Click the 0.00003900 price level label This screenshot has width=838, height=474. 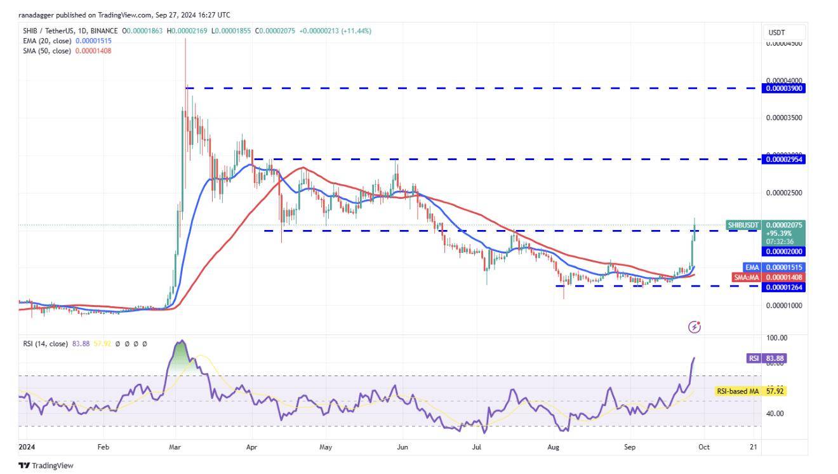[785, 88]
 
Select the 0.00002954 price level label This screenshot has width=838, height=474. [785, 159]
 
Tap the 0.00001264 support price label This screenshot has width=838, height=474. [785, 287]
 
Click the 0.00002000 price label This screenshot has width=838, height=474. [785, 251]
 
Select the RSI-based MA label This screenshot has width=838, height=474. [738, 391]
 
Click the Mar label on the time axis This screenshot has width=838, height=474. [175, 447]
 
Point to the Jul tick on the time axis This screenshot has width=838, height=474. [477, 447]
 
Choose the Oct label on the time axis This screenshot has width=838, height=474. [703, 447]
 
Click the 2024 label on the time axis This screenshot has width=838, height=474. [27, 447]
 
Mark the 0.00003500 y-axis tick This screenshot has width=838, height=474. [784, 118]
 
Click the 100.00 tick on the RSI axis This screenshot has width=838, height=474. [776, 338]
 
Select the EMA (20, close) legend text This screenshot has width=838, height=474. [48, 41]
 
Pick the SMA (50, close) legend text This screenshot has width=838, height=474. [48, 51]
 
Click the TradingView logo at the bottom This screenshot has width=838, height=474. [46, 466]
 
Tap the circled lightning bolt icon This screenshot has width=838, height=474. [695, 327]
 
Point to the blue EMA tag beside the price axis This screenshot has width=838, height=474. [751, 267]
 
